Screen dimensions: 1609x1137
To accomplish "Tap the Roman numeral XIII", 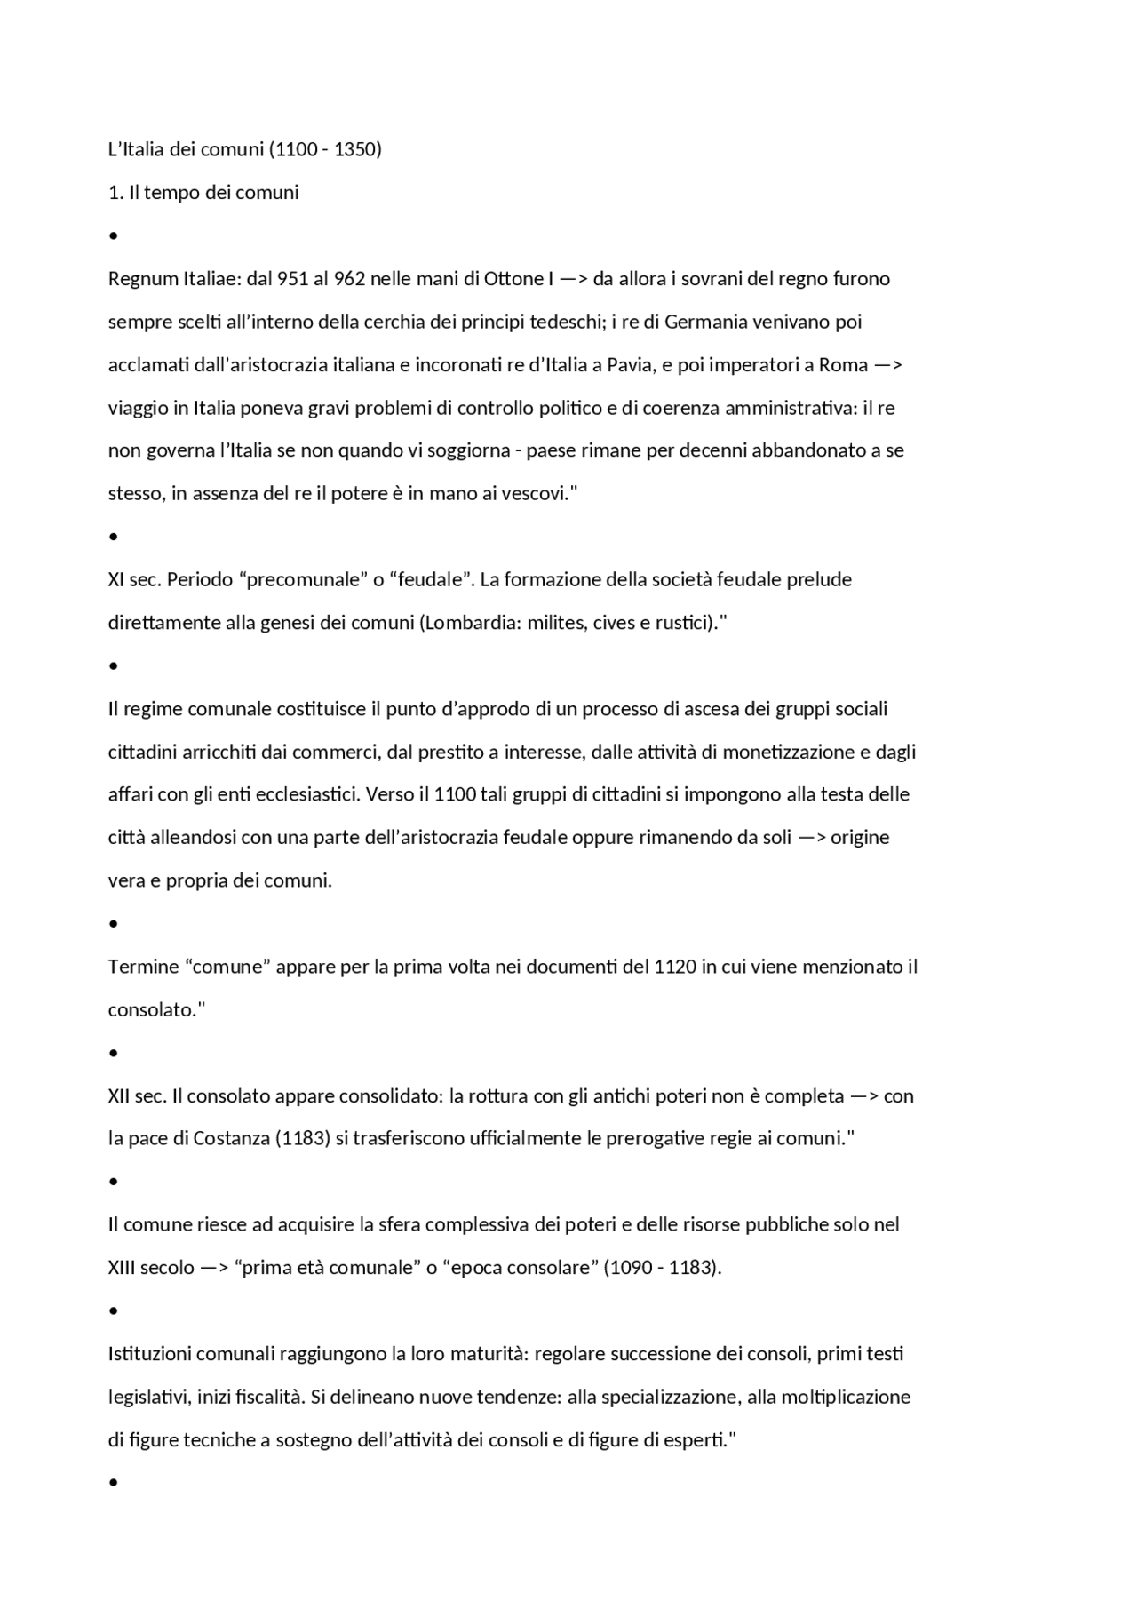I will point(122,1268).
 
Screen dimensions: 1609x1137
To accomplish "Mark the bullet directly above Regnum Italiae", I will point(113,236).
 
